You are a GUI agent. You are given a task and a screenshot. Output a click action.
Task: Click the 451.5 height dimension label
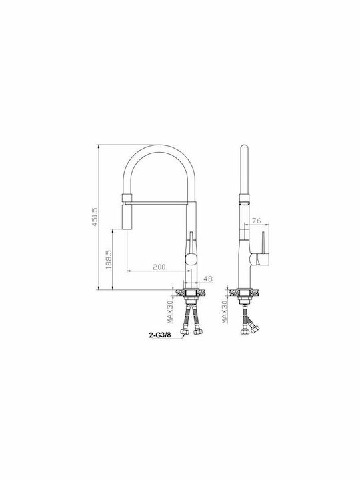tap(95, 217)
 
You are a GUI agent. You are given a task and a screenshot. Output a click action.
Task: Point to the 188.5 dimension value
tap(109, 259)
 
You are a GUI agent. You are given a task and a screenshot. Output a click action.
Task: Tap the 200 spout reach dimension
tap(159, 267)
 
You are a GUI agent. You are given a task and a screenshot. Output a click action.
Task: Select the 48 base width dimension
tap(208, 279)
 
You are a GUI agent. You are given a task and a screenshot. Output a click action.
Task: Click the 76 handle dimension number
tap(257, 221)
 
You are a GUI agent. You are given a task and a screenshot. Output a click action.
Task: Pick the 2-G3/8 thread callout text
tap(160, 335)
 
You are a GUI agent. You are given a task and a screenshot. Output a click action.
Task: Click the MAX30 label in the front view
tap(170, 311)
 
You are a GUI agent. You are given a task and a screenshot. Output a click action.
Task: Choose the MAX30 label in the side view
tap(225, 311)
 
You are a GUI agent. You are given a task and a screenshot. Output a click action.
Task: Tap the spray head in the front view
tap(127, 217)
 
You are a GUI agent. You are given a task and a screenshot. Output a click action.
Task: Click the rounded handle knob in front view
tap(191, 259)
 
